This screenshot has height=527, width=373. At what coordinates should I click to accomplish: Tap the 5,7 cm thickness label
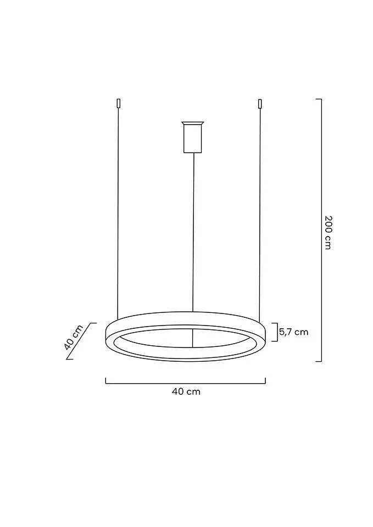294,332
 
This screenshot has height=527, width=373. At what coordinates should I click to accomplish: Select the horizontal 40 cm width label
186,391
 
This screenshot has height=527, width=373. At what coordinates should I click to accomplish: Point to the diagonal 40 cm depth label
73,337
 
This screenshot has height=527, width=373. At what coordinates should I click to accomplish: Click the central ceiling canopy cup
192,137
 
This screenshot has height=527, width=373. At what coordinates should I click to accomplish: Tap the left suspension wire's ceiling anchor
118,103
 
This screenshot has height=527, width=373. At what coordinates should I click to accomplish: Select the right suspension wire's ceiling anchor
260,103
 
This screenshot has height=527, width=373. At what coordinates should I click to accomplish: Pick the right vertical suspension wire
260,215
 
